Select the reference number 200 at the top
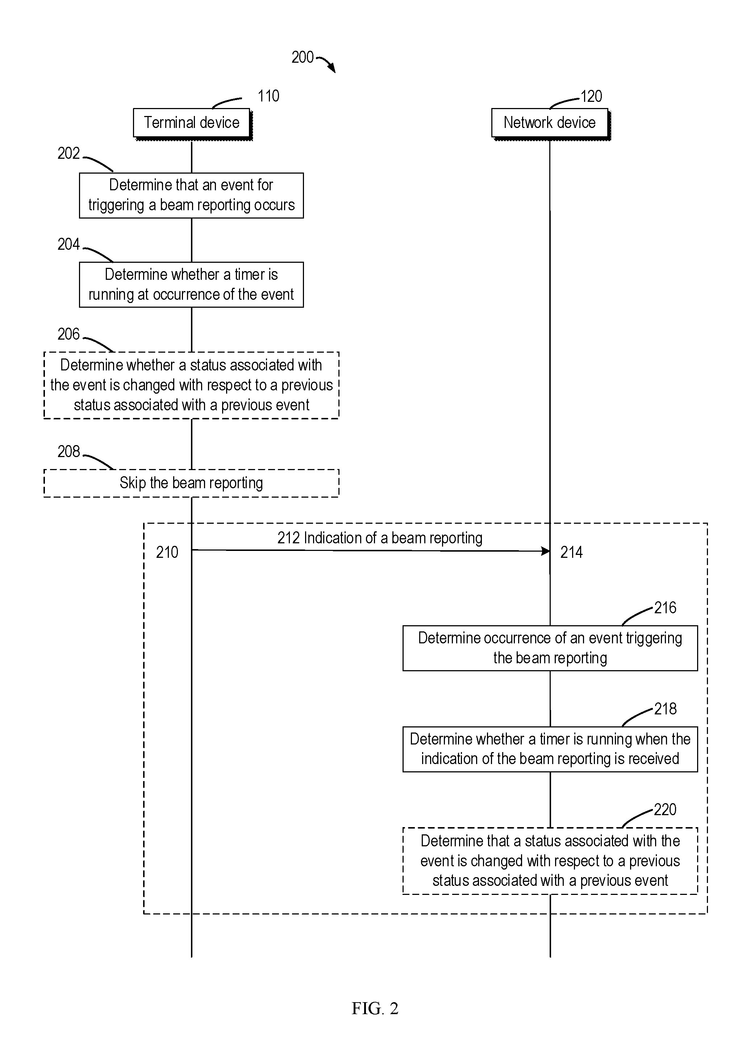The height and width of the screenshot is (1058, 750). coord(303,57)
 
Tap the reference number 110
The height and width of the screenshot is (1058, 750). coord(268,96)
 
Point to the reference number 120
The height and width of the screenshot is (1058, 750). coord(591,96)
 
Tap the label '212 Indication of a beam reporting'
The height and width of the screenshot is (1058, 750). coord(380,538)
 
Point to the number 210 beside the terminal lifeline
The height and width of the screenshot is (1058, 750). coord(167,552)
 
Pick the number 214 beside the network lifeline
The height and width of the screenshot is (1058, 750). coord(571,552)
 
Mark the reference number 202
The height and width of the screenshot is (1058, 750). coord(69,153)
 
